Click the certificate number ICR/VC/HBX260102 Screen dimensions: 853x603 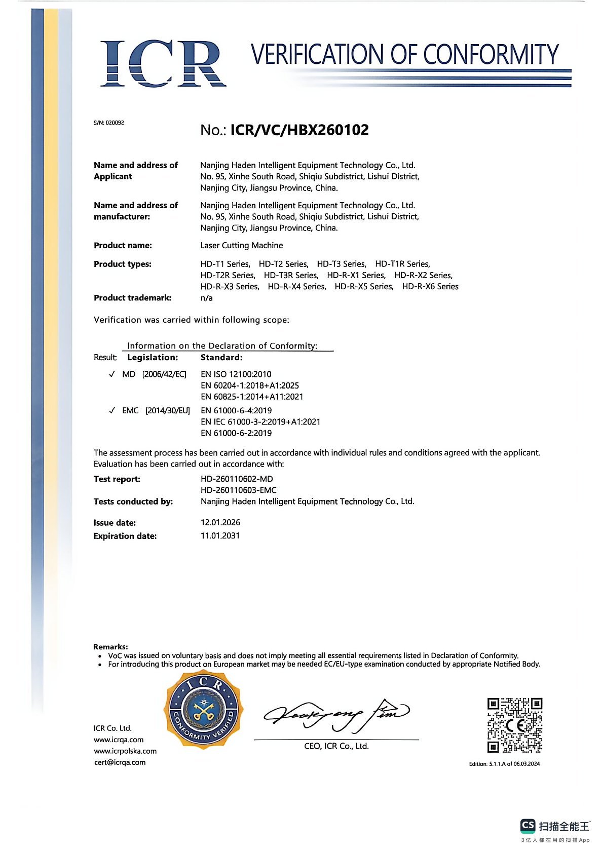pos(299,130)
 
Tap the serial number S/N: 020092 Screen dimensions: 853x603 pos(108,123)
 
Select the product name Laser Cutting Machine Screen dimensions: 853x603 pos(241,246)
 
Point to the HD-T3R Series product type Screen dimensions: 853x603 pos(291,275)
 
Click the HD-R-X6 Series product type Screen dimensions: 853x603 pos(430,287)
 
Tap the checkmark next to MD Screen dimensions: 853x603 pos(112,374)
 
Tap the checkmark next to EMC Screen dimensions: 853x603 pos(112,410)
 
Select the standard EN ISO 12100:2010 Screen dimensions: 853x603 pos(236,374)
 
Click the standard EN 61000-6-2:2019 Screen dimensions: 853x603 pos(236,433)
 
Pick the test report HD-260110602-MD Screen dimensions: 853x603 pos(237,479)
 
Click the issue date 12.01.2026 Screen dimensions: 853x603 pos(220,522)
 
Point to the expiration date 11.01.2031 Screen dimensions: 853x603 pos(220,535)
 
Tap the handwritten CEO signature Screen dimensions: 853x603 pos(335,715)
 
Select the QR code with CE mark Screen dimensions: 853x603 pos(514,725)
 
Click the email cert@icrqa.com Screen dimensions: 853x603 pos(120,762)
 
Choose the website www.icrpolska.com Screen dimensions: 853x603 pos(125,751)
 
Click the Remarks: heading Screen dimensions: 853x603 pos(110,646)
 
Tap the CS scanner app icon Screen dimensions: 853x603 pos(527,826)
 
